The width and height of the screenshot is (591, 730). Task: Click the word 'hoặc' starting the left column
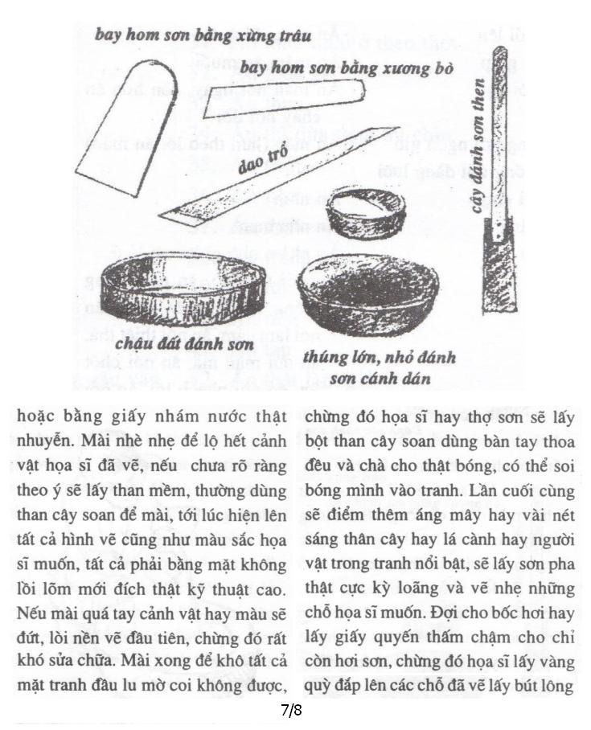37,419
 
